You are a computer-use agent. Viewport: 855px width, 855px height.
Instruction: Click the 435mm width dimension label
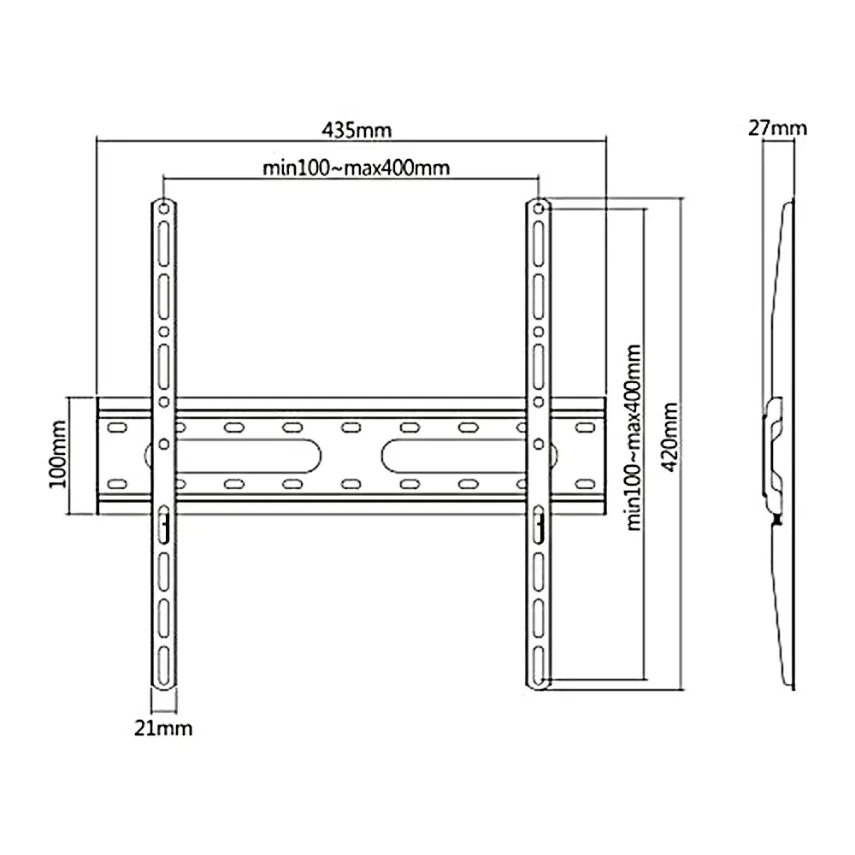(357, 130)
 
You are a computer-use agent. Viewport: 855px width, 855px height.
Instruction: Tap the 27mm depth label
(777, 128)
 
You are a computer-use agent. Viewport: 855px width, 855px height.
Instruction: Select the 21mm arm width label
(163, 728)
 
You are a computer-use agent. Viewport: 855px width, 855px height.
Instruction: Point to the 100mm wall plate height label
(58, 454)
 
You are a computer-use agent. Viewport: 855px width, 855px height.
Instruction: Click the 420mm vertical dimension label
(669, 437)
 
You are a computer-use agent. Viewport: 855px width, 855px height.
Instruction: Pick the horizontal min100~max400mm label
(356, 168)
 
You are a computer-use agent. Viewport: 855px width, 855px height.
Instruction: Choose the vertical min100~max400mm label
(634, 437)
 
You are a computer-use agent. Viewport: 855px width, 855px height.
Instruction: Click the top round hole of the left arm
(163, 208)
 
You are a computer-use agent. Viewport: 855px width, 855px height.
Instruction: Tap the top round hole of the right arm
(538, 208)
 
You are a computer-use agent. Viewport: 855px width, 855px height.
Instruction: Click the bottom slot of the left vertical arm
(163, 666)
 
